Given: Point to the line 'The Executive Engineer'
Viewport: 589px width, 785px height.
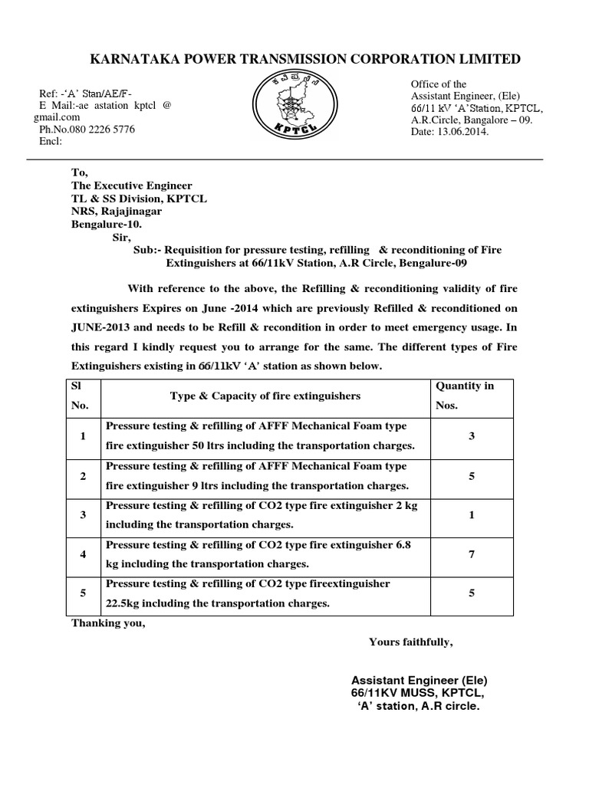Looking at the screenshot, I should [132, 186].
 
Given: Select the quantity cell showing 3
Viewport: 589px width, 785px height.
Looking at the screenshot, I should [472, 436].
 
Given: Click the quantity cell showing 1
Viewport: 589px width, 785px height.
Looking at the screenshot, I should [472, 515].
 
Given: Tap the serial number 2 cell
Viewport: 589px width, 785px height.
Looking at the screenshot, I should [82, 476].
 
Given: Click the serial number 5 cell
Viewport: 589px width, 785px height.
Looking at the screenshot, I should [82, 593].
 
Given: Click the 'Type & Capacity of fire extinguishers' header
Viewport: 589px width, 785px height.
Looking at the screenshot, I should [265, 396].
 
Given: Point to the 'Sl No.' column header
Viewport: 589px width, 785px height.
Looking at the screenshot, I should [81, 396].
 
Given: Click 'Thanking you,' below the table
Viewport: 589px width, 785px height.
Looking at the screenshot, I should [108, 622].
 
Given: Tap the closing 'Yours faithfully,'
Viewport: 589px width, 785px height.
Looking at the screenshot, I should [410, 642].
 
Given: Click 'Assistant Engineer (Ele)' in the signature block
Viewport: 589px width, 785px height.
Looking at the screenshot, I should [419, 680].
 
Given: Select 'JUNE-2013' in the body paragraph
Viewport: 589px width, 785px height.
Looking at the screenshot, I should [103, 328].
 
